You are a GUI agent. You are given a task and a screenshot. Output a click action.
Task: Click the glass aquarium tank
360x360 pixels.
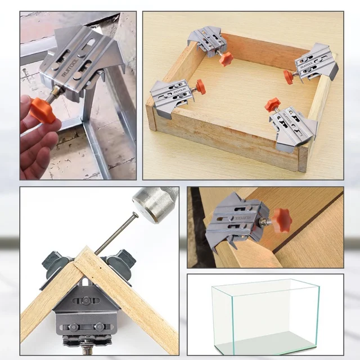[x=265, y=318]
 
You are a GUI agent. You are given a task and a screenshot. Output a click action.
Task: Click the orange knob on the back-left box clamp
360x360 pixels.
[x=226, y=58]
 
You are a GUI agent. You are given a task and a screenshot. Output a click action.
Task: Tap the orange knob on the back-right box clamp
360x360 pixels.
[x=289, y=77]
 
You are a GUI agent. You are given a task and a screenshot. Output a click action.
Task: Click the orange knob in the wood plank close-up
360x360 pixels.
[x=281, y=220]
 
